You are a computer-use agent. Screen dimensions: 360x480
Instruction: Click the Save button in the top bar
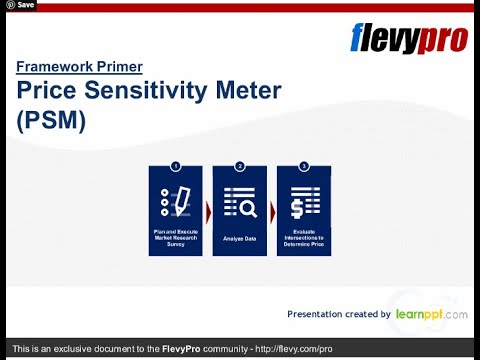click(20, 5)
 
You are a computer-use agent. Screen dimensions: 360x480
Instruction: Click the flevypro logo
click(408, 38)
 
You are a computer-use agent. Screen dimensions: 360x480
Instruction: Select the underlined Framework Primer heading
click(79, 67)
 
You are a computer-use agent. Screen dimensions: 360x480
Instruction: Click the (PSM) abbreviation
click(53, 121)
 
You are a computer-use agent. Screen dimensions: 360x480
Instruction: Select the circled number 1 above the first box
click(176, 165)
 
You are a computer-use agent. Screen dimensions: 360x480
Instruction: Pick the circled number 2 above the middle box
click(240, 165)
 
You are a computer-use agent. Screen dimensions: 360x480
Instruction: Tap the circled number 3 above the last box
click(304, 165)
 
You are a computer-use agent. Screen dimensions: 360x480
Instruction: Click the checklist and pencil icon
click(176, 201)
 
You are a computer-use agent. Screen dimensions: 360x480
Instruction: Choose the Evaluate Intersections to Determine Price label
click(304, 239)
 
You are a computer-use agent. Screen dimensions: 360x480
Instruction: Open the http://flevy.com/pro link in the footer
click(294, 349)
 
